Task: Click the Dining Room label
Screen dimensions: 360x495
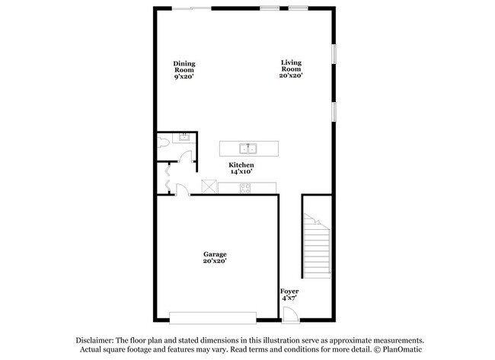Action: point(184,69)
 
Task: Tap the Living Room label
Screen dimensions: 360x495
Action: point(292,68)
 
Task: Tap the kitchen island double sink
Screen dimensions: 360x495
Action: point(248,148)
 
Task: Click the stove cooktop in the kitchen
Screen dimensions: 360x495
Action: point(246,186)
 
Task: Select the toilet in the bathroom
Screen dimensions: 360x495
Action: point(164,142)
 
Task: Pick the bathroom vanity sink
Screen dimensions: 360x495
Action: point(184,138)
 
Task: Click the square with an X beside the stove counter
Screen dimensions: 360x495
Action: point(209,186)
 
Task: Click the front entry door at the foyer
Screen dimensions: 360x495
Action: point(288,314)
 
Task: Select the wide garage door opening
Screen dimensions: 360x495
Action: point(214,317)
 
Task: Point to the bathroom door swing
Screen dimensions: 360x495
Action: point(184,152)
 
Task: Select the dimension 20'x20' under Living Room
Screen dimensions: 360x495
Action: point(292,75)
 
